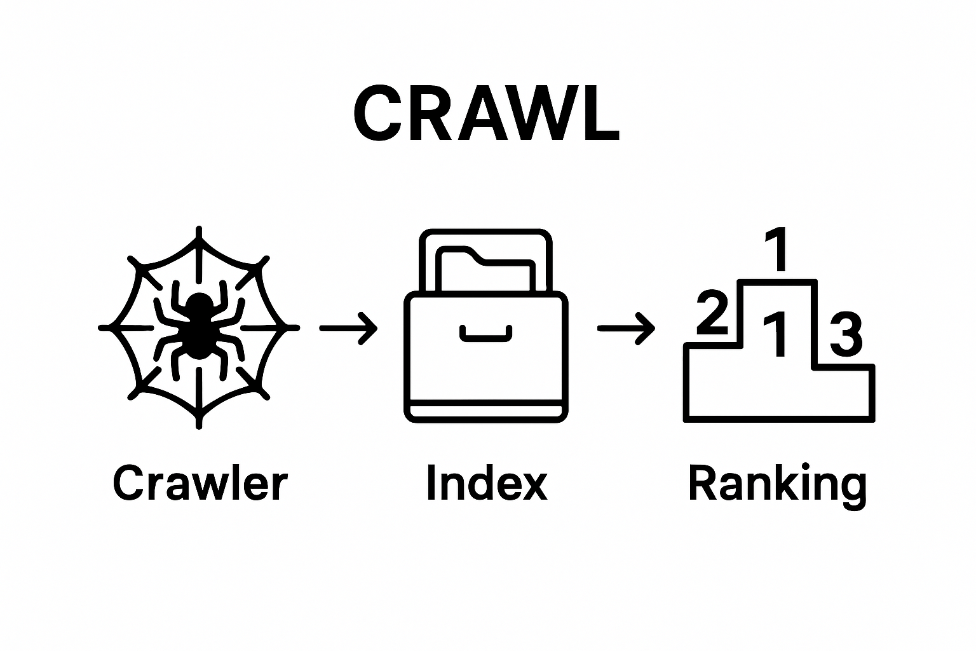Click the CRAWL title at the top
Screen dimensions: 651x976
[x=486, y=115]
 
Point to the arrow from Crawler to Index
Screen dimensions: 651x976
[x=348, y=328]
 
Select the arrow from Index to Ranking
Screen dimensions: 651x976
[x=626, y=328]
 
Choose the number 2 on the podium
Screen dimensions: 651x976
[x=712, y=313]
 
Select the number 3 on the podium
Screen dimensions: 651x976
[x=846, y=334]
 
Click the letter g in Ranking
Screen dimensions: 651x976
[x=850, y=490]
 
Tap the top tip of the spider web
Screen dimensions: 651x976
[x=200, y=230]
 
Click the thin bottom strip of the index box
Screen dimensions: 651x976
[x=486, y=411]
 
